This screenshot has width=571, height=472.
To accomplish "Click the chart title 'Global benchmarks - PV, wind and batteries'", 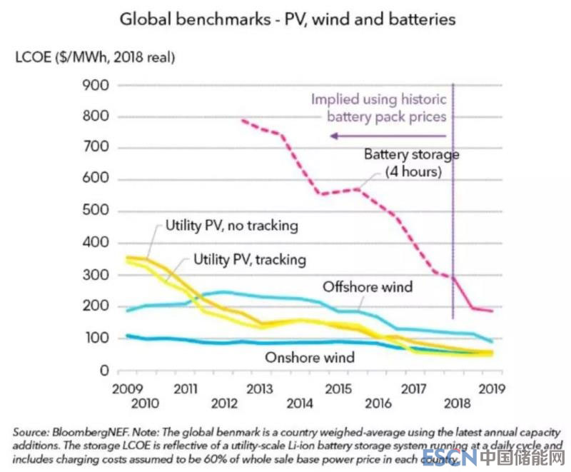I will click(x=287, y=19).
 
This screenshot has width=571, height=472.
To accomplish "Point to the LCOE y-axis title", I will click(x=95, y=56).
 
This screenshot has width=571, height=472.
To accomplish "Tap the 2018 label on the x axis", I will click(x=457, y=404).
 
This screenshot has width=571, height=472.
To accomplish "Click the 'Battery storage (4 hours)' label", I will click(x=411, y=163).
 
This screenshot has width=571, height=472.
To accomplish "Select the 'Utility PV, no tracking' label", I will click(x=231, y=226).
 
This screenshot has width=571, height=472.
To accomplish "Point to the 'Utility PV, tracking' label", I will click(x=250, y=259).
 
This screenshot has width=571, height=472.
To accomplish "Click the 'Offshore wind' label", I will click(x=368, y=287).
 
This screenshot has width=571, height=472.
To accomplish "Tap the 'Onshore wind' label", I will click(x=310, y=356).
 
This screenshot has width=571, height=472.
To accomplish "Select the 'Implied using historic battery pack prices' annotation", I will click(x=378, y=107).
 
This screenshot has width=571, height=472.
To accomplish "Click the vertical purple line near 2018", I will click(x=453, y=214).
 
